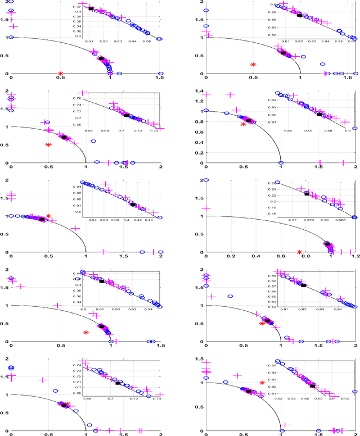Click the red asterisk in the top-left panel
point(61,74)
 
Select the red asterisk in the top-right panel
point(253,65)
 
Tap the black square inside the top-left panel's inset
point(91,8)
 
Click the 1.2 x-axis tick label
point(354,258)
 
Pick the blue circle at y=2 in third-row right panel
point(206,180)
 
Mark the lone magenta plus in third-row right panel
point(206,208)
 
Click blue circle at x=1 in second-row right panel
point(281,163)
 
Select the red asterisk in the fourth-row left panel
point(85,332)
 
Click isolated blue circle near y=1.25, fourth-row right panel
point(230,296)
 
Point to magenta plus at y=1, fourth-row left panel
point(56,306)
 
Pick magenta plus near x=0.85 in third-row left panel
point(75,228)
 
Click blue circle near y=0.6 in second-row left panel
point(78,141)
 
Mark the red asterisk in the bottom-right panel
point(262,383)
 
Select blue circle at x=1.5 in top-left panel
point(160,74)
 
